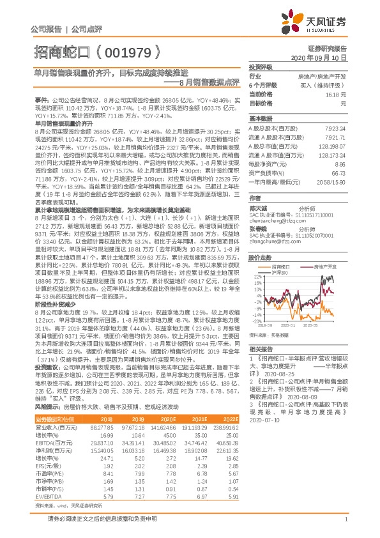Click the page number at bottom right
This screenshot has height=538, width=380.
345,521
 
